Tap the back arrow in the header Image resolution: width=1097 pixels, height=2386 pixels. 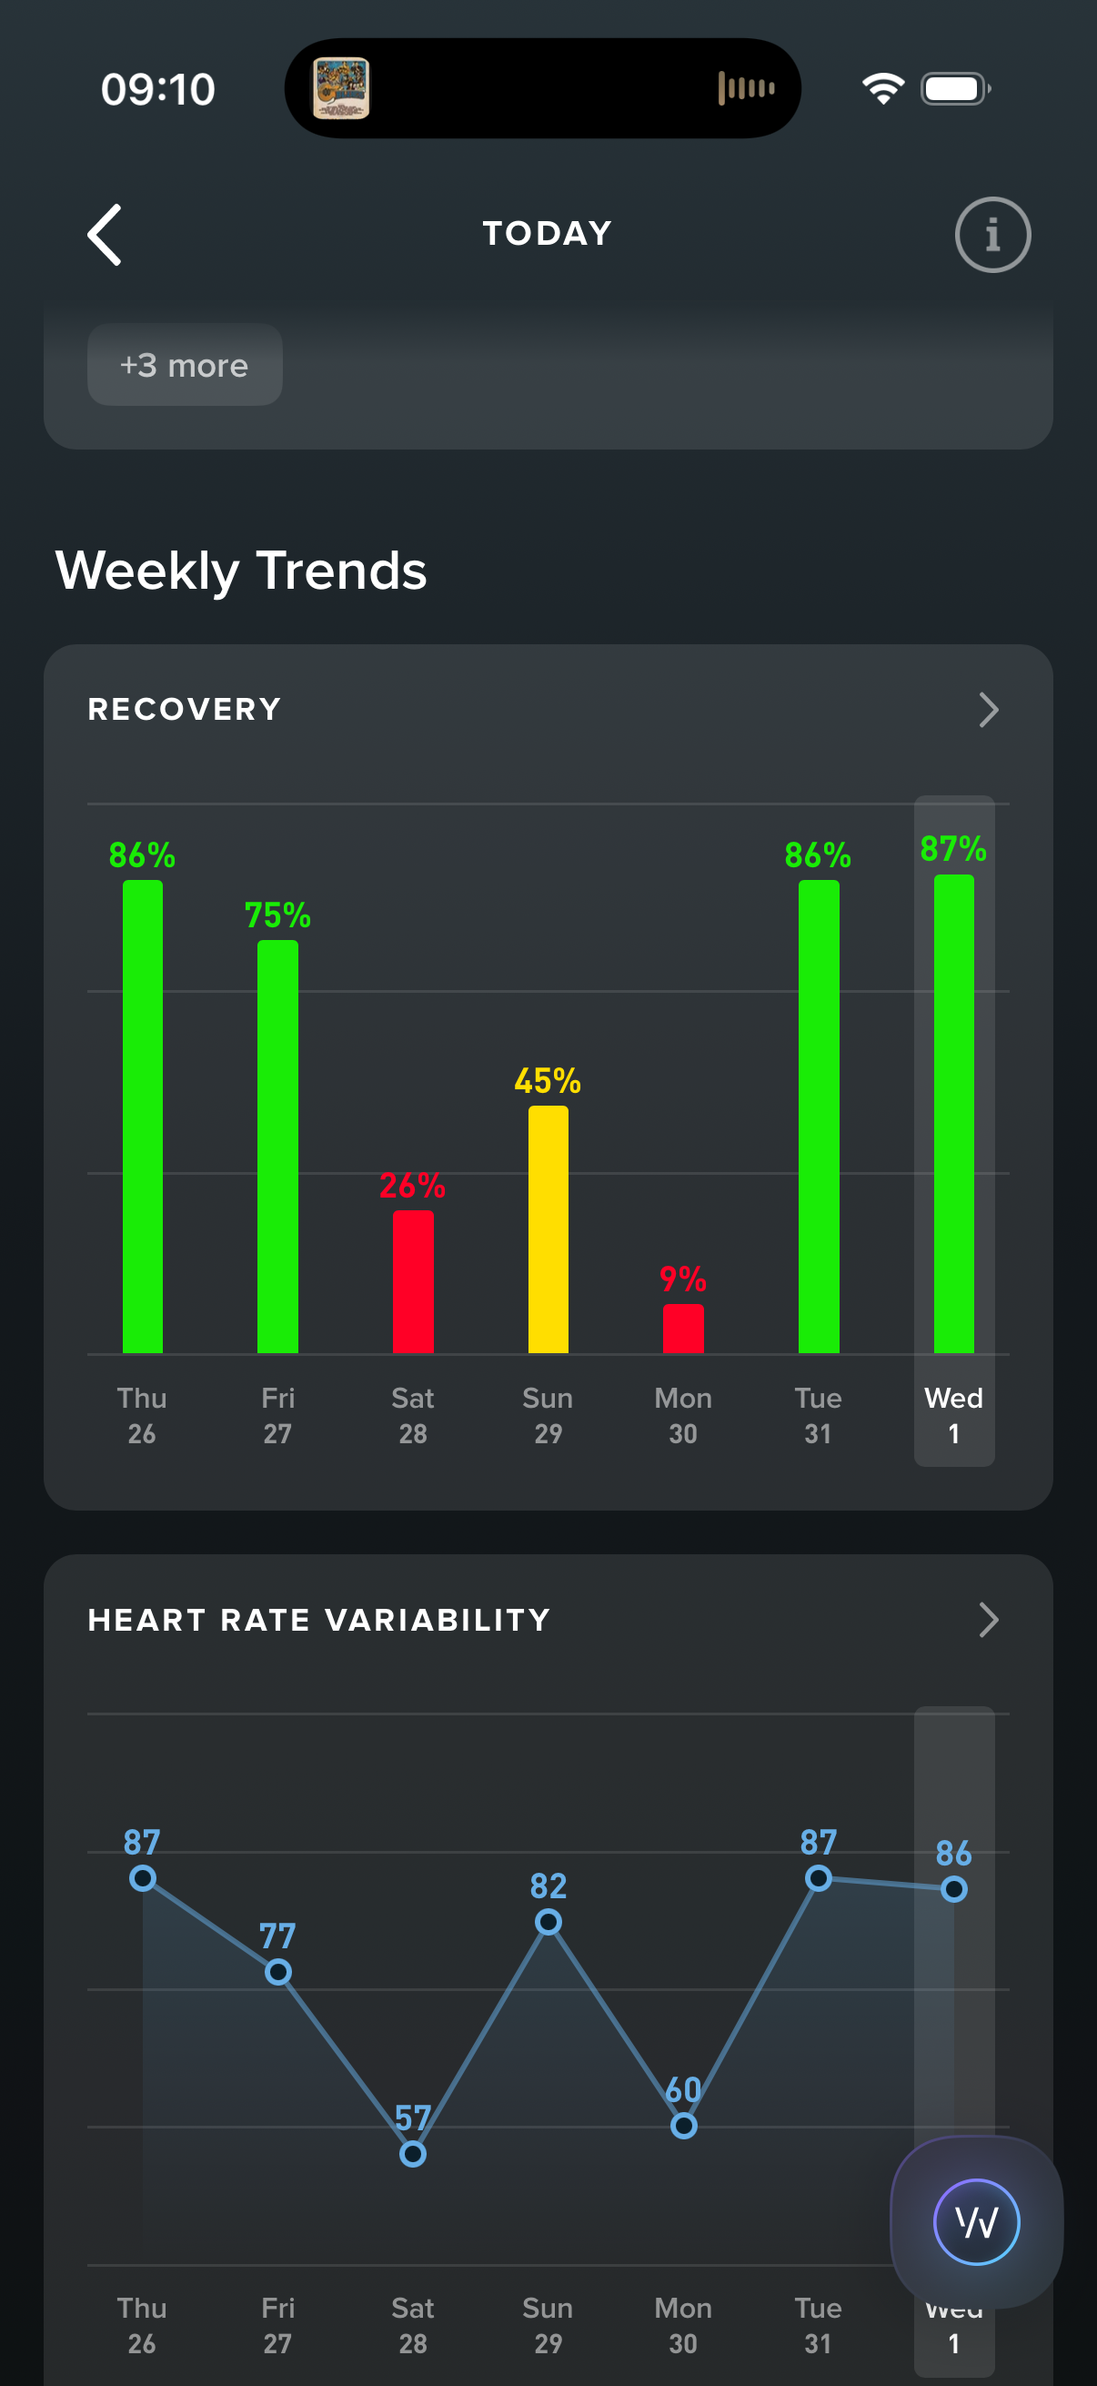105,235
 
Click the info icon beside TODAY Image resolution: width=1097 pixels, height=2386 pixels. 991,235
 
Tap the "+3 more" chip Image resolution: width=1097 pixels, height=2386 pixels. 185,365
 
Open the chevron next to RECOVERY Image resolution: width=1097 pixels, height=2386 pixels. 988,711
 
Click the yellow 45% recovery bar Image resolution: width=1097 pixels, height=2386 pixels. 548,1229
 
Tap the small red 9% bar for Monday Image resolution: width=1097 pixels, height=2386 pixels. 683,1329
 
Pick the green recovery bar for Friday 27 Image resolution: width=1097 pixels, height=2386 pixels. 277,1146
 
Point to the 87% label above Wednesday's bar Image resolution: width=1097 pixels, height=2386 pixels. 952,848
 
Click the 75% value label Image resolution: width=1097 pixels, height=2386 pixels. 277,915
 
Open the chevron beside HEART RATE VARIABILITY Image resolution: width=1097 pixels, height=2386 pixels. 988,1620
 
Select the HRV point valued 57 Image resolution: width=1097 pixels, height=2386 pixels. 413,2154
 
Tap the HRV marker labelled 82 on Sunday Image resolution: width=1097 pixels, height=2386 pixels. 548,1922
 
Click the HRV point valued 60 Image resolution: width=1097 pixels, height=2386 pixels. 683,2126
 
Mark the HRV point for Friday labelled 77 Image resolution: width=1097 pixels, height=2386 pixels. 277,1972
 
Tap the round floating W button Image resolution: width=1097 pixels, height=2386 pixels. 976,2221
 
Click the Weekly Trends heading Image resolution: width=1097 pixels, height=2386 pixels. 241,570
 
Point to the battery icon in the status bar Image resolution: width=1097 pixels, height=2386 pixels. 954,89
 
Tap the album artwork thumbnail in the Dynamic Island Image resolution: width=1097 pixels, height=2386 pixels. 341,89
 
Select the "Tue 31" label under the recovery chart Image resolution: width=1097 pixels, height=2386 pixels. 818,1414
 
